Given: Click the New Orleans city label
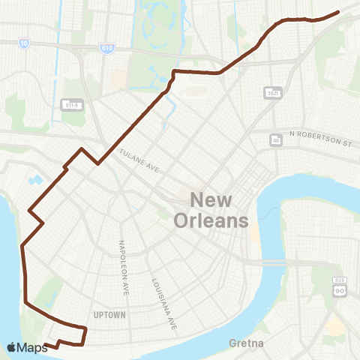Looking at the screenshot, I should pos(211,210).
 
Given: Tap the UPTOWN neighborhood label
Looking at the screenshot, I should pos(110,314).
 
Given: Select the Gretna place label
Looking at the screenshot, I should pos(247,343).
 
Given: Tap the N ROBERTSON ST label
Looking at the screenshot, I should pos(319,139).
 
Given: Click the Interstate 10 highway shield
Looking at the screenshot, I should pos(25,44).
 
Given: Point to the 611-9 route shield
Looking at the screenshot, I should pos(71,104).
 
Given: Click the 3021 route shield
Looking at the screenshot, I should pos(273,92).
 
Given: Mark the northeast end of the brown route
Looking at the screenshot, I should pos(339,11).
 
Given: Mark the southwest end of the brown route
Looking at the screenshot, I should pos(45,345).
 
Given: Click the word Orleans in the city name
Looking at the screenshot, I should pos(211,220).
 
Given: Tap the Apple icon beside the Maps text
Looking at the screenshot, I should pos(10,346).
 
